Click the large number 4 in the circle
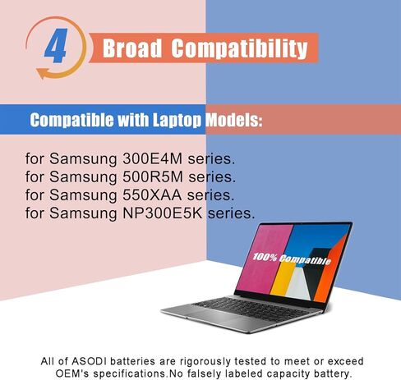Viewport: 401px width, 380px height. pyautogui.click(x=55, y=48)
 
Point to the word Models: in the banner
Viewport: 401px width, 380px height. pyautogui.click(x=233, y=121)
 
